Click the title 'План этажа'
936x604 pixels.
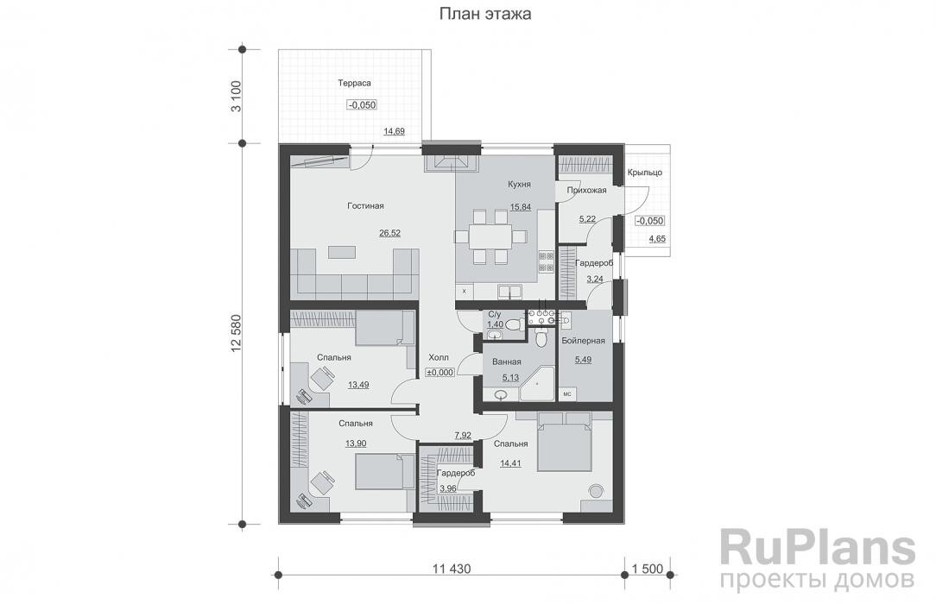point(484,14)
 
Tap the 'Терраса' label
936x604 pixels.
point(353,83)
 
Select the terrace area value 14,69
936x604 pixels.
point(394,131)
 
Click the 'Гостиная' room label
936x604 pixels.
point(365,206)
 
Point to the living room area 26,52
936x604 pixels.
point(389,233)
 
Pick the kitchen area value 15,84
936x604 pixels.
point(520,206)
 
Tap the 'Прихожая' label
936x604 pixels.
point(586,190)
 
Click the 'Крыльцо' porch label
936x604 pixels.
point(644,172)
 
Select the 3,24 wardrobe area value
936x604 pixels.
point(595,280)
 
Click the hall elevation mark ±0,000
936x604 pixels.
point(440,372)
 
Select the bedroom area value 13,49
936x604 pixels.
point(357,385)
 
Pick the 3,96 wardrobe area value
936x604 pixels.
point(448,489)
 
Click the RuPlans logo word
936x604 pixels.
point(817,548)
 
